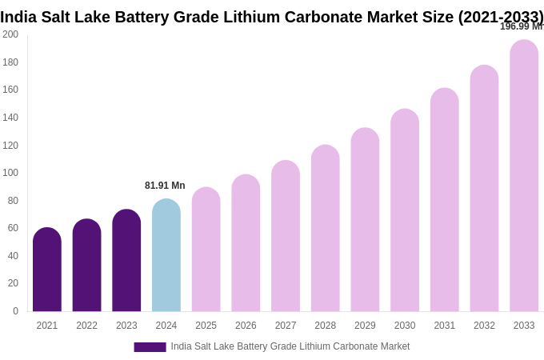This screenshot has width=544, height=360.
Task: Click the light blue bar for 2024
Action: pyautogui.click(x=166, y=256)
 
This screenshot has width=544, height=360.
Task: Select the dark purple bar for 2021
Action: pyautogui.click(x=47, y=270)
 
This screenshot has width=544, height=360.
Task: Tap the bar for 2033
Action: pyautogui.click(x=524, y=176)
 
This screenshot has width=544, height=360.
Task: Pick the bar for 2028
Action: pyautogui.click(x=326, y=229)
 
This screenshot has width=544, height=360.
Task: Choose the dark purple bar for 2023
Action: pyautogui.click(x=126, y=261)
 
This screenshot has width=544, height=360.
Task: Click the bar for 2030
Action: pyautogui.click(x=405, y=210)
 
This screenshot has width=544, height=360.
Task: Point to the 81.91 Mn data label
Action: pyautogui.click(x=165, y=186)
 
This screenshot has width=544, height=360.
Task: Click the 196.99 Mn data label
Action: pyautogui.click(x=521, y=26)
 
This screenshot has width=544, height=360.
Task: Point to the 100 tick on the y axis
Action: pyautogui.click(x=10, y=173)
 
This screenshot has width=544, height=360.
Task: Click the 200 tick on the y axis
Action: pyautogui.click(x=10, y=34)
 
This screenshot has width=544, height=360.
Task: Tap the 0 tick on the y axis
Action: pyautogui.click(x=15, y=311)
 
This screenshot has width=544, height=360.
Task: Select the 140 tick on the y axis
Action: pyautogui.click(x=10, y=118)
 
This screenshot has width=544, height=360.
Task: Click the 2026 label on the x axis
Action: pyautogui.click(x=246, y=326)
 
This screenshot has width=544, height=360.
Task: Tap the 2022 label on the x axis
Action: pyautogui.click(x=86, y=326)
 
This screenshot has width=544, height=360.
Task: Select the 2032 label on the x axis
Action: pyautogui.click(x=484, y=326)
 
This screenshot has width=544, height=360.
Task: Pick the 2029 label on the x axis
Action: pyautogui.click(x=365, y=326)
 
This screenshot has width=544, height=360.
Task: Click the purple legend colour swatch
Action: pyautogui.click(x=150, y=347)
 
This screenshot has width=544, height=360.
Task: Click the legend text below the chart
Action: pyautogui.click(x=290, y=346)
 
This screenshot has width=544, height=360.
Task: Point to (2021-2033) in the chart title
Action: pyautogui.click(x=500, y=17)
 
